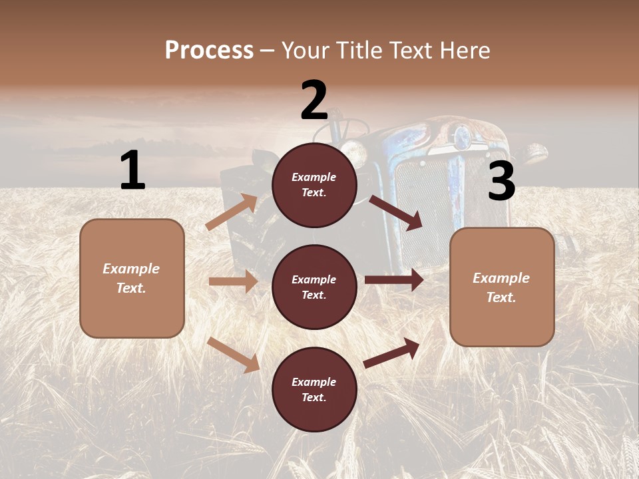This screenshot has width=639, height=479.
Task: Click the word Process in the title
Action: tap(209, 51)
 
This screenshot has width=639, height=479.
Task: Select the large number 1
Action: tap(132, 170)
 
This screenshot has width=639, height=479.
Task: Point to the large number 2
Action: tap(314, 100)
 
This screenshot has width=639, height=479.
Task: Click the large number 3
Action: tap(501, 182)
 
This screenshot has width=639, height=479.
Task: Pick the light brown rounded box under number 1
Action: tap(132, 278)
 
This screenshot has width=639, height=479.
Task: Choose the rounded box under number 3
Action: tap(502, 287)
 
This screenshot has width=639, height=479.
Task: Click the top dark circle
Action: tap(314, 184)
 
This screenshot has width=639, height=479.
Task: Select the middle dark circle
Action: tap(314, 287)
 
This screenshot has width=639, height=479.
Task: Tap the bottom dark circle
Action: tap(314, 389)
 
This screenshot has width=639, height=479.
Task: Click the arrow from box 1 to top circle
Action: tap(232, 212)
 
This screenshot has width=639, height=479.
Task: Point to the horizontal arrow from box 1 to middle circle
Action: tap(233, 281)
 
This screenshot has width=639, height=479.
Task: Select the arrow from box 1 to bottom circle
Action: tap(234, 355)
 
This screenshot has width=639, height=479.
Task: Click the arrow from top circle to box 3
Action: tap(397, 213)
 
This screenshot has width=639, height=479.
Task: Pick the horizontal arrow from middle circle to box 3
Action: tap(394, 280)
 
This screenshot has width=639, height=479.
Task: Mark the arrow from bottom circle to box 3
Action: tap(392, 353)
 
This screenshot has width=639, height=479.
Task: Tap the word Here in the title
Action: tap(464, 51)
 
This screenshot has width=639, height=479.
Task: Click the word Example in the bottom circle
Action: tap(314, 382)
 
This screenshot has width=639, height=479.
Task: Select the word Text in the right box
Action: tap(501, 297)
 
